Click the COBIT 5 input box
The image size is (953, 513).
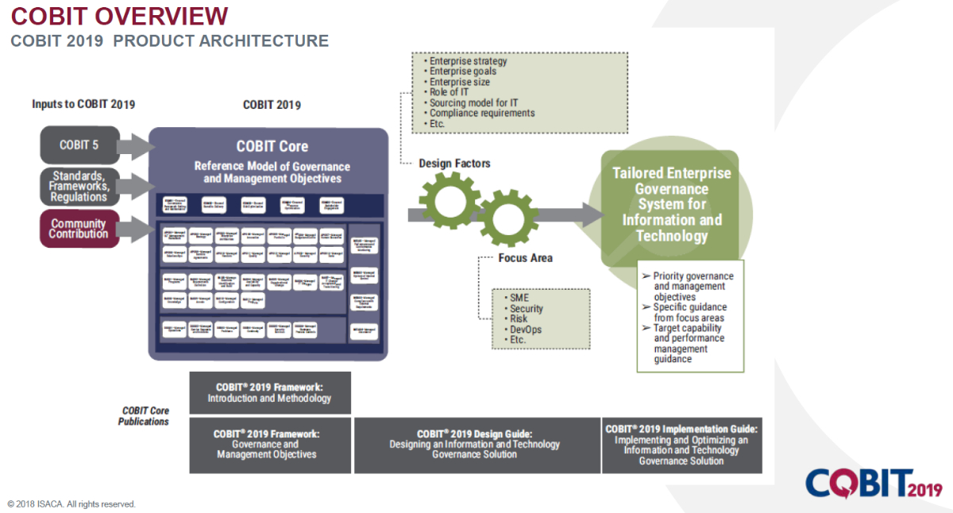point(79,145)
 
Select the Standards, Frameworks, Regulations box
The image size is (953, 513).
point(79,187)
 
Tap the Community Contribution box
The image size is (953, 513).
point(79,229)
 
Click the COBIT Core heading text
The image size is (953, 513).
point(272,146)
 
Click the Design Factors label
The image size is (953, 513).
point(454,164)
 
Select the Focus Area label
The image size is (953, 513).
point(525,258)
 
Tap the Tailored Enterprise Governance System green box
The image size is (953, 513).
point(671,205)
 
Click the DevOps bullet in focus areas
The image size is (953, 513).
point(526,330)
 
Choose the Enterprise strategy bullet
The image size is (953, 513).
point(468,61)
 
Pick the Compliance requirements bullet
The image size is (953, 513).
point(482,113)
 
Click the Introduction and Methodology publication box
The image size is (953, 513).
point(269,392)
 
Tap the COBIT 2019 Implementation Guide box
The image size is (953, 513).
point(681,445)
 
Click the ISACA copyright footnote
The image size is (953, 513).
point(71,504)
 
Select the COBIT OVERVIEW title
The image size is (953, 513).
point(119,15)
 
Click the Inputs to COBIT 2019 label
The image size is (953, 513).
point(83,104)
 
